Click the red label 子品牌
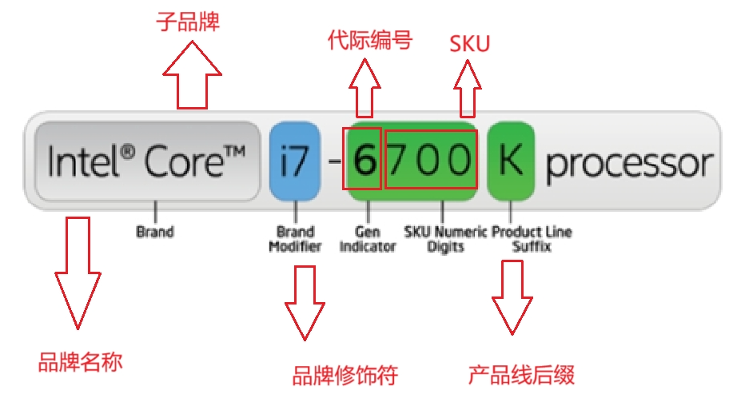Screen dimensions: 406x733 (187, 22)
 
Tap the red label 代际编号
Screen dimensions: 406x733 (370, 41)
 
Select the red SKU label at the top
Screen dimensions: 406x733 (469, 44)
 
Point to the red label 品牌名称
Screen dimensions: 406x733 (80, 363)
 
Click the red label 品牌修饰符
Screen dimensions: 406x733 (345, 375)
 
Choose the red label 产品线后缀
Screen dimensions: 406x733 (521, 375)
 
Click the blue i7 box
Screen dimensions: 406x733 (294, 161)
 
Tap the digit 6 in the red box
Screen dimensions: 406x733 (364, 162)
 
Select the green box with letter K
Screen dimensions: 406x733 (510, 161)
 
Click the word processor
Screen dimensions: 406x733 (629, 164)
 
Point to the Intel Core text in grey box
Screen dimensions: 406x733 (147, 161)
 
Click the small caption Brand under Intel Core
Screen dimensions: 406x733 (155, 233)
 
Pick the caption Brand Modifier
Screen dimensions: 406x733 (295, 239)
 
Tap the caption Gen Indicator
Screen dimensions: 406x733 (367, 239)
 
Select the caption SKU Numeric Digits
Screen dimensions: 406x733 (445, 239)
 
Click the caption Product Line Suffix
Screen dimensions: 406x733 (532, 239)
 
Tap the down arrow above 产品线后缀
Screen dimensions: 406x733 (512, 297)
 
